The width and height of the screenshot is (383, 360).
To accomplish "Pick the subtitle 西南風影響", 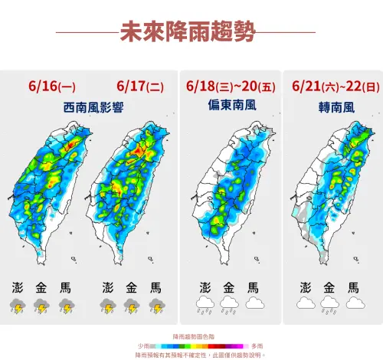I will pyautogui.click(x=90, y=109).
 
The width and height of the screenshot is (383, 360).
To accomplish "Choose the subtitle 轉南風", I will pyautogui.click(x=329, y=109).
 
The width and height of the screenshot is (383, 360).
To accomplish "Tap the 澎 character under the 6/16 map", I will pyautogui.click(x=18, y=288).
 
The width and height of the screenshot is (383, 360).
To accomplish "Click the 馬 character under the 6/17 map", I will pyautogui.click(x=155, y=288).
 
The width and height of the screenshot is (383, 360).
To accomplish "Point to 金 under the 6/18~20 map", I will pyautogui.click(x=228, y=288).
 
